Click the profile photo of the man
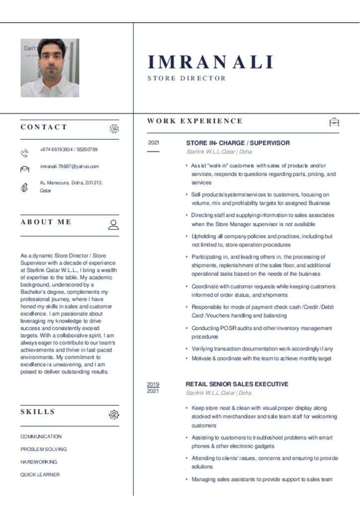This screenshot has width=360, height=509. click(50, 68)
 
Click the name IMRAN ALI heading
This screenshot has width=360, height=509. click(210, 63)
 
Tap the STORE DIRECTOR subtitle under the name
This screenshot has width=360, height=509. click(186, 79)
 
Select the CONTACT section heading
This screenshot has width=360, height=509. click(44, 127)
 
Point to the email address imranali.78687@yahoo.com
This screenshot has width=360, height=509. click(69, 167)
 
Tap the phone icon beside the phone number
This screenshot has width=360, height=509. click(24, 153)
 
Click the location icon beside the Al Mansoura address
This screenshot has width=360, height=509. click(24, 187)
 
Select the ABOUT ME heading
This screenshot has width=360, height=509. click(46, 222)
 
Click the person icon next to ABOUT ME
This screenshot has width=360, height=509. click(113, 225)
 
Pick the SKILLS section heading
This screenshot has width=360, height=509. click(38, 412)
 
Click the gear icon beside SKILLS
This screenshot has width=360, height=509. click(114, 415)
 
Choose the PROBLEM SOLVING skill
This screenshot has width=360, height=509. click(43, 449)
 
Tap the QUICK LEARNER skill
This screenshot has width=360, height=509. click(40, 475)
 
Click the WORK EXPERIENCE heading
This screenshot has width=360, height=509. click(195, 121)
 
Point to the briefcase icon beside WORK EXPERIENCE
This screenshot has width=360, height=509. click(334, 122)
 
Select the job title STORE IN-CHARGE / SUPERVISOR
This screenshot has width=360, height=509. click(238, 143)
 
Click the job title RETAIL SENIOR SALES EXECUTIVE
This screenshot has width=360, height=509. click(237, 384)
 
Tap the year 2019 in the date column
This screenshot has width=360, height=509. click(153, 384)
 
